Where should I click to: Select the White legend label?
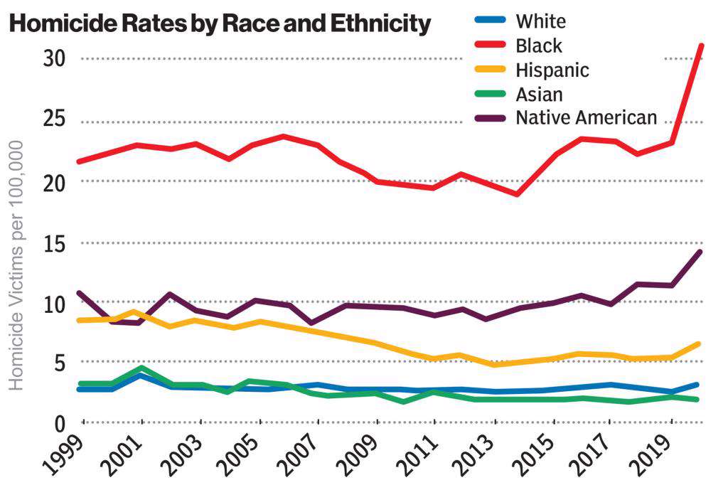[541, 21]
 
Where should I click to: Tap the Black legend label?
[539, 46]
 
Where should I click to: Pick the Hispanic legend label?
[552, 70]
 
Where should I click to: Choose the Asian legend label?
[539, 94]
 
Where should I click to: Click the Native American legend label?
[587, 117]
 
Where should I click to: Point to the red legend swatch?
[488, 46]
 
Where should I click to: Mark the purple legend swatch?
[488, 117]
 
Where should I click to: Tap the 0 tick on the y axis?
[60, 425]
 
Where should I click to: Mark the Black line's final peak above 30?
[702, 46]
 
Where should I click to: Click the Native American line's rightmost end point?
[701, 252]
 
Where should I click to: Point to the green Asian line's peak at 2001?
[142, 368]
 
